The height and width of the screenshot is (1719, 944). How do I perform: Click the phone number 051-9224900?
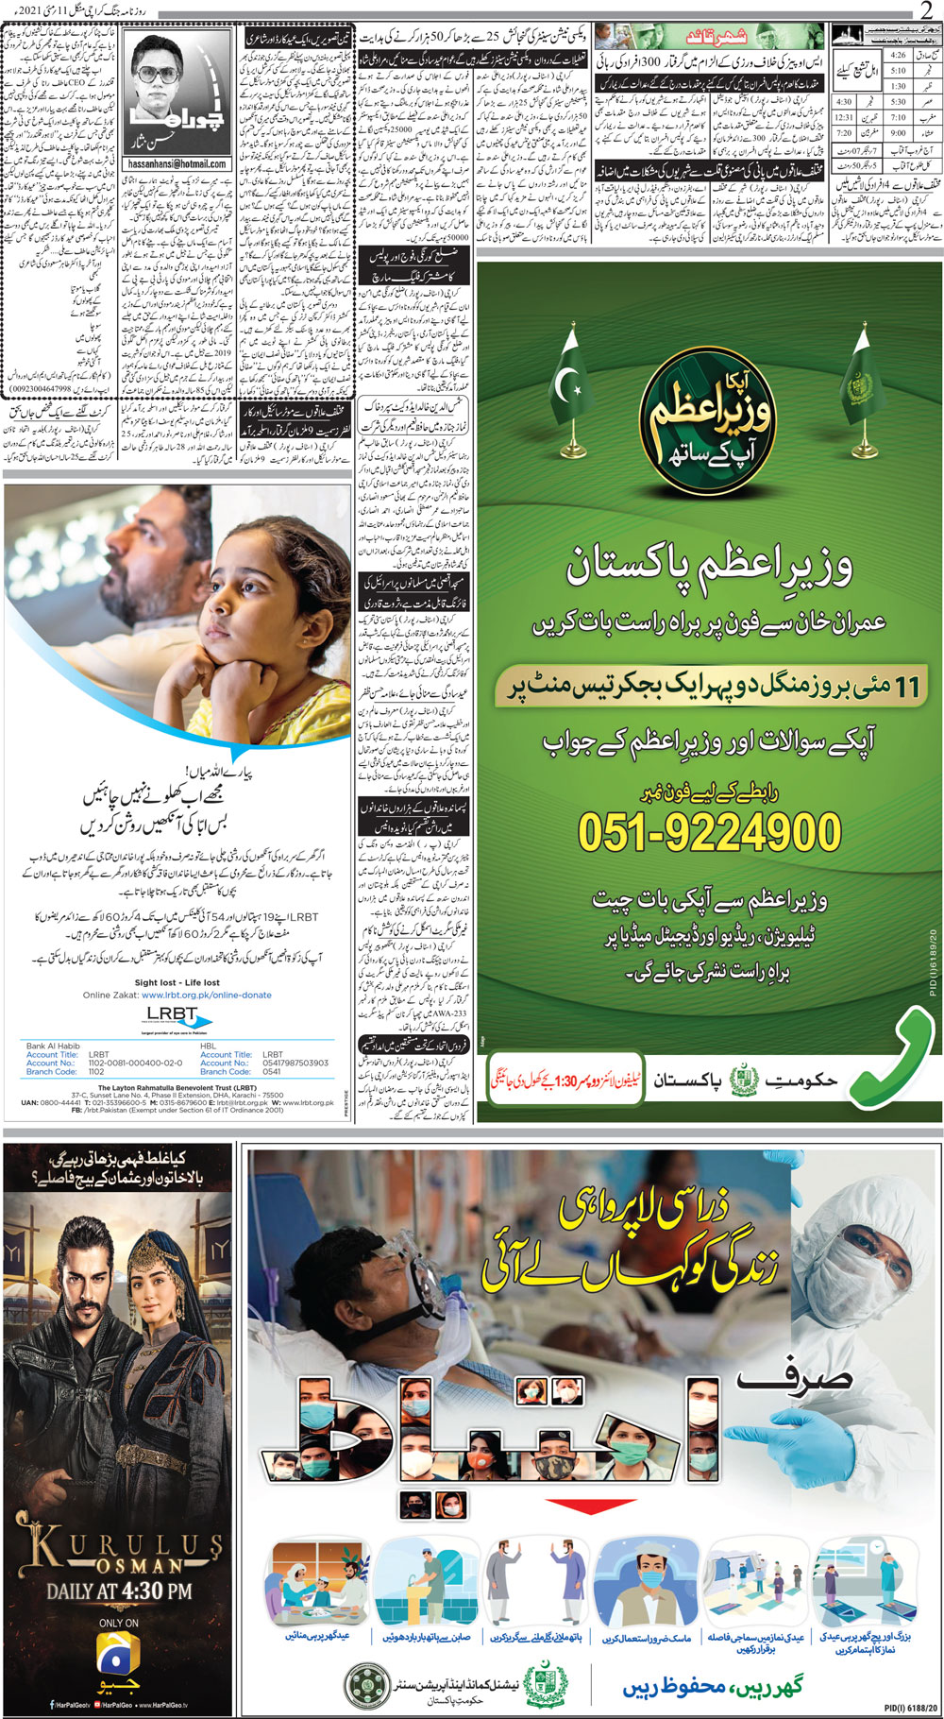tap(709, 832)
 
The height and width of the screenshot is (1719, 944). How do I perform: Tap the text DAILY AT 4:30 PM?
tap(119, 1591)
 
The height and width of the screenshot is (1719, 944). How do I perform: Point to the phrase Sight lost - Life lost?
tap(177, 982)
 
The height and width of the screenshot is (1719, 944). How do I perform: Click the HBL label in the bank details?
tap(209, 1046)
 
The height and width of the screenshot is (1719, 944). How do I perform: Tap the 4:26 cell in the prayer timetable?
tap(897, 56)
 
